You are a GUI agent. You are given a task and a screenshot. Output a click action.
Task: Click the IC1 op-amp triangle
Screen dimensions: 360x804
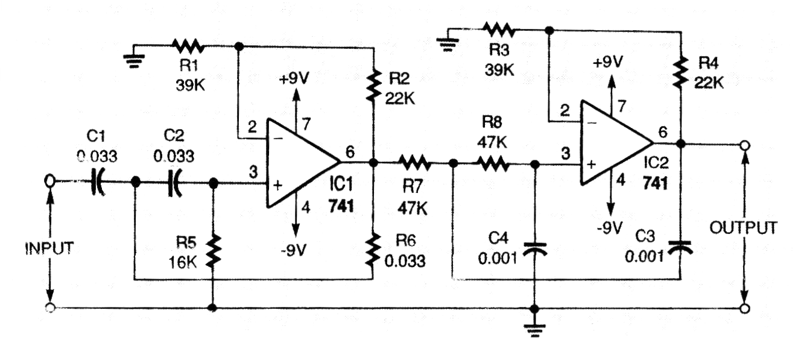(x=299, y=163)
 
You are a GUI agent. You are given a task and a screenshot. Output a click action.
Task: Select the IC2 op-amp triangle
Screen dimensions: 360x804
(x=612, y=144)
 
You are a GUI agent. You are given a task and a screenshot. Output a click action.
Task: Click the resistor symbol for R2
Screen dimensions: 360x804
(x=374, y=85)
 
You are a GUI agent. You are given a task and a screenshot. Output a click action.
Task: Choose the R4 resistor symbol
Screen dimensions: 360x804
(x=681, y=71)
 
